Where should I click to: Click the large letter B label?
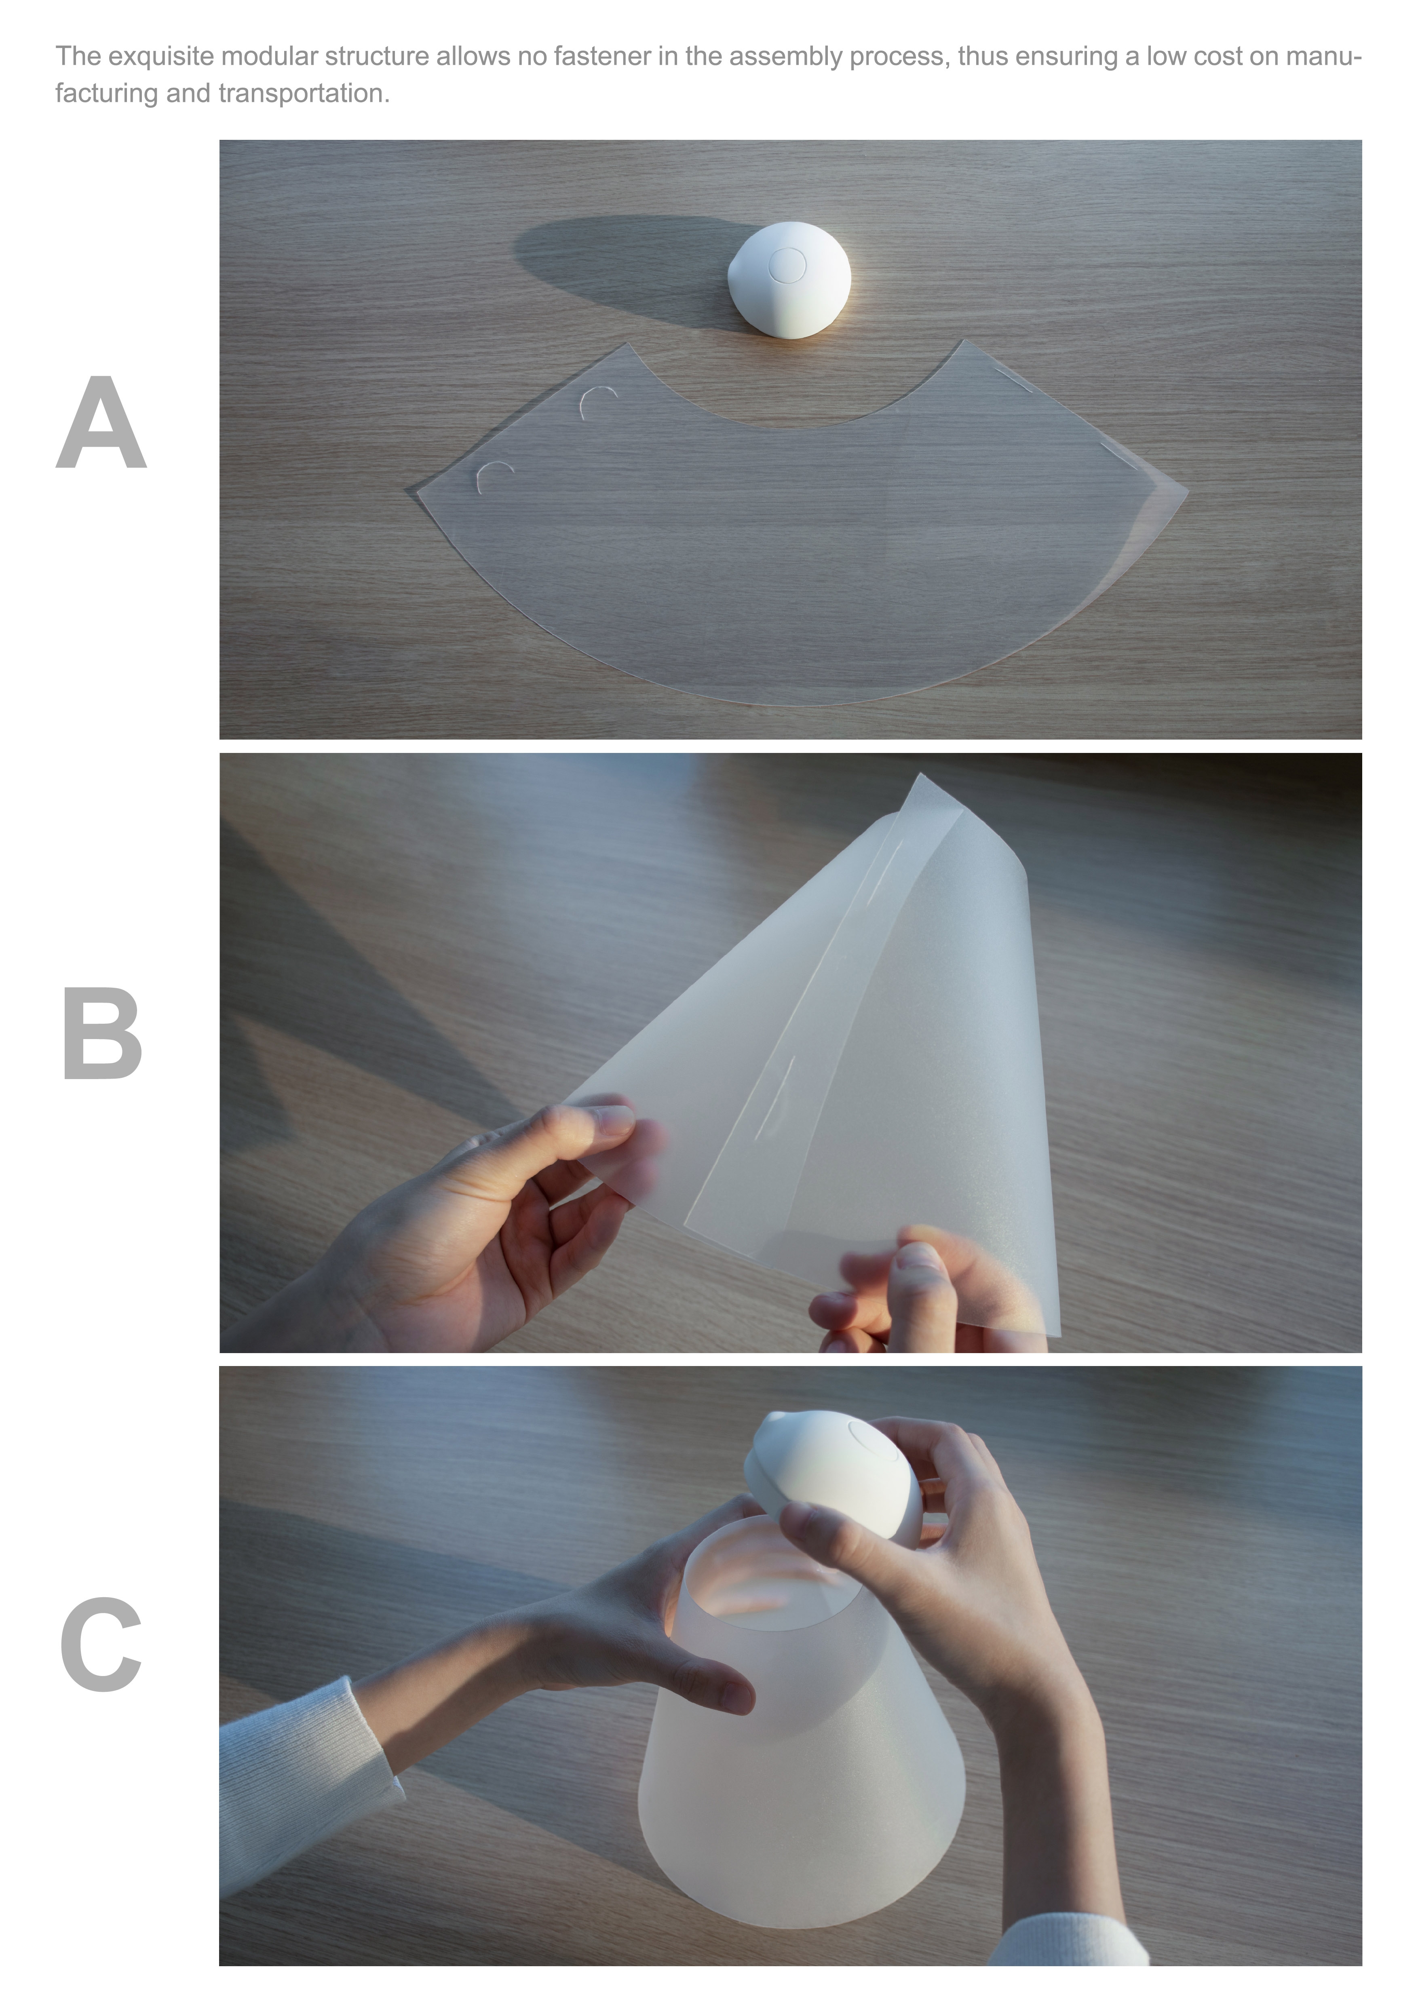[x=102, y=1035]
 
